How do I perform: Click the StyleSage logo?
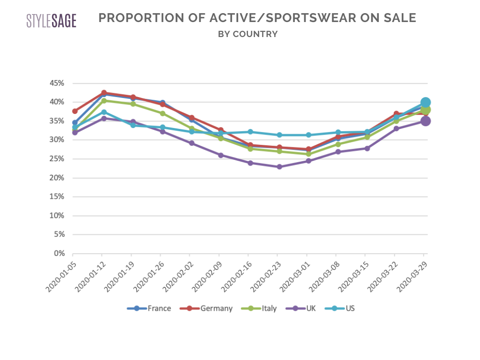pos(51,21)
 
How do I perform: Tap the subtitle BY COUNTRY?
pos(248,34)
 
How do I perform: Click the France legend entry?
pos(149,308)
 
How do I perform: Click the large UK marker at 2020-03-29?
pos(426,121)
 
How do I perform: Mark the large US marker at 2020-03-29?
pos(426,102)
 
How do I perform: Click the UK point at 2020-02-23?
pos(279,166)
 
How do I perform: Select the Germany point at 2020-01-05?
pos(75,111)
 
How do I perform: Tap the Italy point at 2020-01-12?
pos(104,100)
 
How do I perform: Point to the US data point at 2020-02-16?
pos(250,132)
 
